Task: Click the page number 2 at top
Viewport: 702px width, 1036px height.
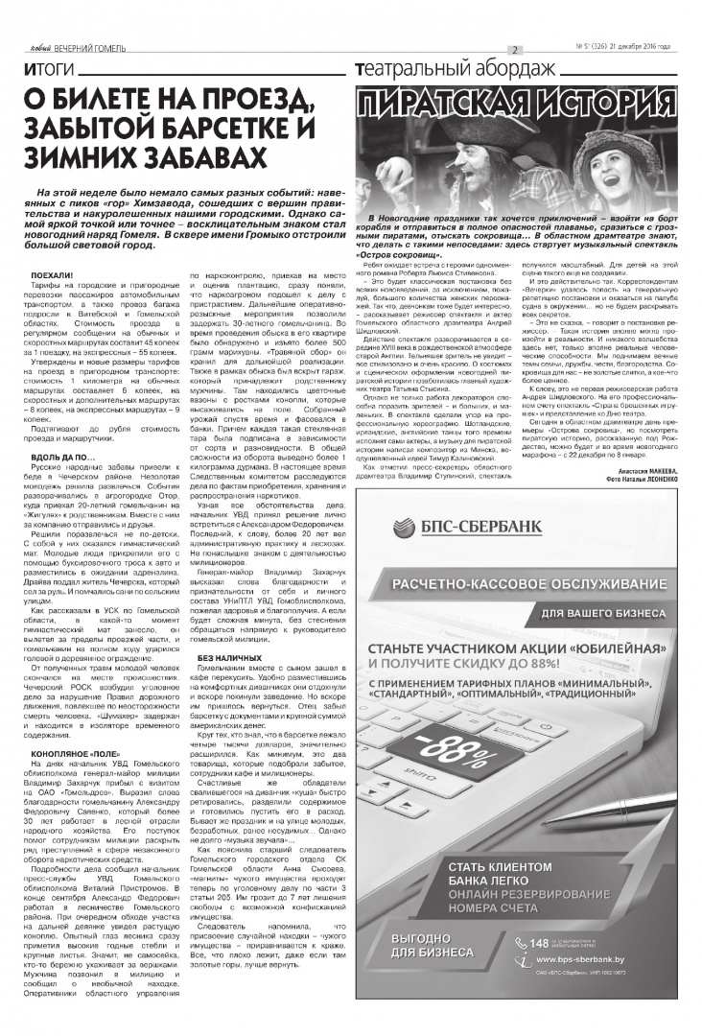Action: click(x=514, y=50)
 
